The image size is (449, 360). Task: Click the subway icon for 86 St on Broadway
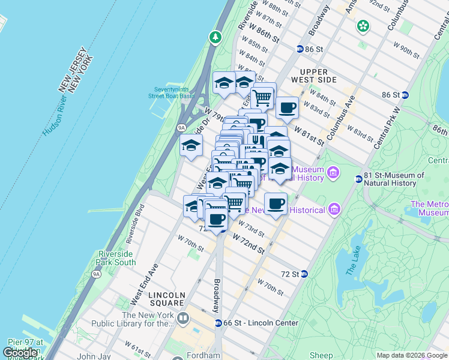[x=300, y=49]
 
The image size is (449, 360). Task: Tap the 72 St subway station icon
[x=304, y=274]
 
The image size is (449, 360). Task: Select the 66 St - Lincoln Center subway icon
[x=219, y=323]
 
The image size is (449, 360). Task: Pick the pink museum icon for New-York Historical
[x=334, y=209]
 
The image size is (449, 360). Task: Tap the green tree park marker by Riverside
[x=215, y=38]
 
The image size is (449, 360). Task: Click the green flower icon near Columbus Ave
[x=363, y=26]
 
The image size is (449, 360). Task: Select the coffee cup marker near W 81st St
[x=287, y=109]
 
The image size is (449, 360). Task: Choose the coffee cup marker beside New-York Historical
[x=276, y=205]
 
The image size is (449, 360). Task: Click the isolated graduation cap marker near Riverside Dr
[x=191, y=146]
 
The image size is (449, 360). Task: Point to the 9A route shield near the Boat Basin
[x=181, y=127]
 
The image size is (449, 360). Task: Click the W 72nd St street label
[x=249, y=244]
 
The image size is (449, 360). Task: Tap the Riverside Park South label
[x=116, y=258]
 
